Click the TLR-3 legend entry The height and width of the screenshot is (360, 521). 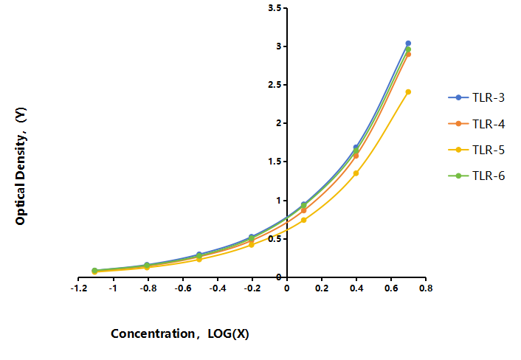477,97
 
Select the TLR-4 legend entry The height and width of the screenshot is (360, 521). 477,124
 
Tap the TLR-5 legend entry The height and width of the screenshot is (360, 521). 477,150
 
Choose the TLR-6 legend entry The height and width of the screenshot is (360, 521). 477,176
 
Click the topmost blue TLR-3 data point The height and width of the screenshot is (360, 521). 408,44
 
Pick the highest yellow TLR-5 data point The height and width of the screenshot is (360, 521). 408,91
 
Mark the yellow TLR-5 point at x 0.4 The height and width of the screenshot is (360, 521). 356,173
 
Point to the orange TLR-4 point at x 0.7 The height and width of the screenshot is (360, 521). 408,54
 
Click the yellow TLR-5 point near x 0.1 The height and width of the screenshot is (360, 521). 303,220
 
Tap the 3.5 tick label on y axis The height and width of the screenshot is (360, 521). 275,8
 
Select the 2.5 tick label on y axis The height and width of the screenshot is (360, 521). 275,85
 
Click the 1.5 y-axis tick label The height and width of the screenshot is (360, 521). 275,162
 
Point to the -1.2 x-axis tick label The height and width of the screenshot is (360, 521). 79,288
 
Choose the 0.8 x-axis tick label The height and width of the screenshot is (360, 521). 426,288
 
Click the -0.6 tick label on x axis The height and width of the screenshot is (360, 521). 183,288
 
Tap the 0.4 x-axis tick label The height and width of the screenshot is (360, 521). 356,288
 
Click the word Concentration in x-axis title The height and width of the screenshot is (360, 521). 153,333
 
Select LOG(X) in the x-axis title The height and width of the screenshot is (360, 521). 228,333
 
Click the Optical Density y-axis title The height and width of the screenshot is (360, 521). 21,166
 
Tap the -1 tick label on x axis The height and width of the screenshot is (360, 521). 114,288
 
